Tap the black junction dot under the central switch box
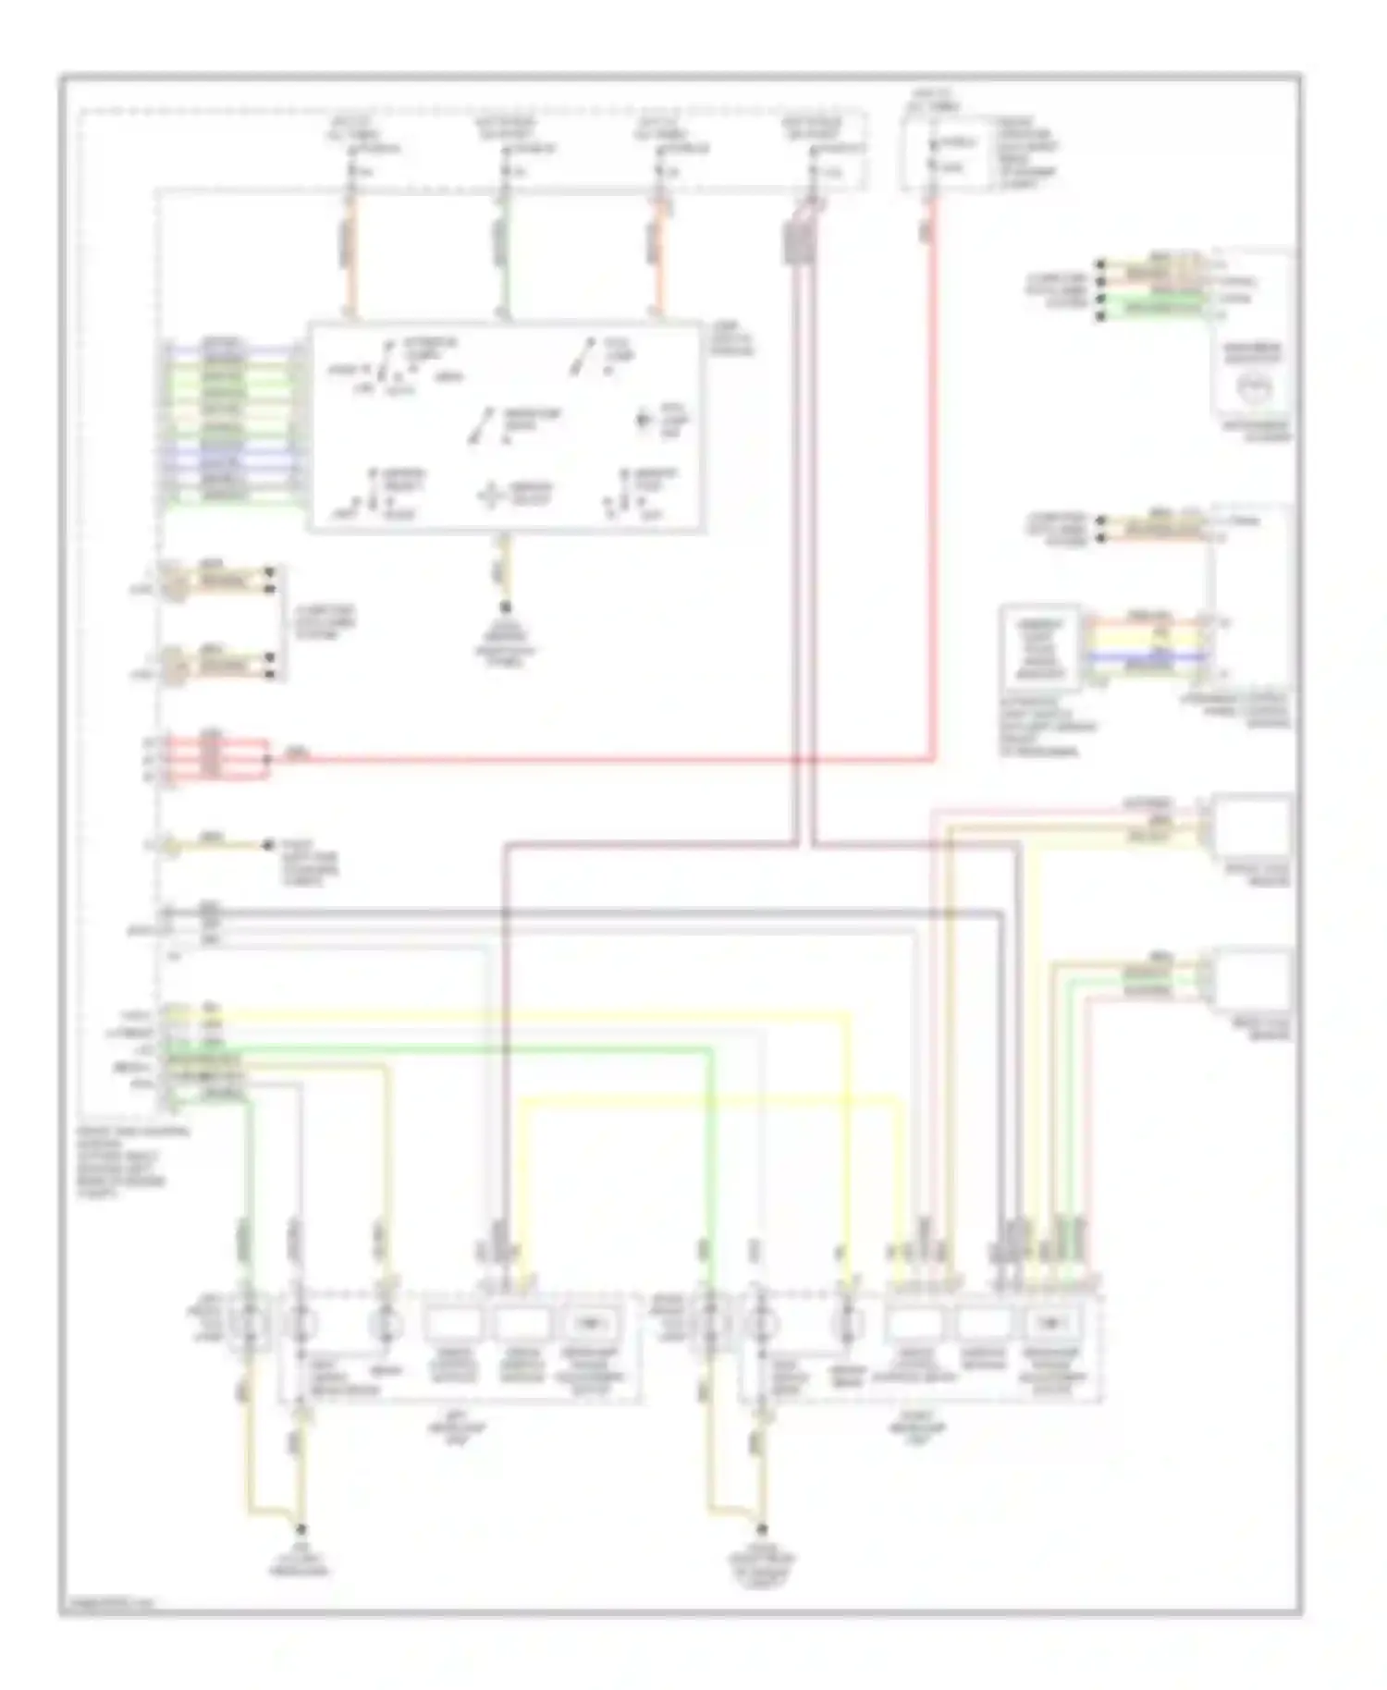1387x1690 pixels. (506, 607)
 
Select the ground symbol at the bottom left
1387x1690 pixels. (299, 1561)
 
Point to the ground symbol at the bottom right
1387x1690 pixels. (762, 1561)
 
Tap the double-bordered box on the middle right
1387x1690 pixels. (1040, 647)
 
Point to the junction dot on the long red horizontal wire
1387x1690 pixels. (269, 758)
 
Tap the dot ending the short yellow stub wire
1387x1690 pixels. (269, 844)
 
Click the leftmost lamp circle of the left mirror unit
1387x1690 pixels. (247, 1324)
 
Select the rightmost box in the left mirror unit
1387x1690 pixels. (592, 1324)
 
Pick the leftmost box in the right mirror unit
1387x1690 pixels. (914, 1324)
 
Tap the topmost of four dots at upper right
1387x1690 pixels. (1100, 264)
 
